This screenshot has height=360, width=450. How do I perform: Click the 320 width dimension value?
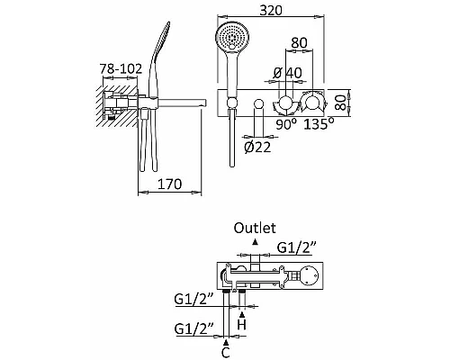[x=271, y=11]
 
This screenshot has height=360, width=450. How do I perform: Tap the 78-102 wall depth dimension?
[x=121, y=68]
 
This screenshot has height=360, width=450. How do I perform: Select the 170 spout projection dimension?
[x=169, y=184]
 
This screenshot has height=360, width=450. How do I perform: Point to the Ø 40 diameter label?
[x=288, y=73]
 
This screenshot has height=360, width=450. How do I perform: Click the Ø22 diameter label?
[x=257, y=147]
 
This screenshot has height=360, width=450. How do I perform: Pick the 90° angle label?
[x=286, y=123]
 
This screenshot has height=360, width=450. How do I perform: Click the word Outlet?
[x=255, y=228]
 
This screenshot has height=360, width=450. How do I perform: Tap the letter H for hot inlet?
[x=242, y=325]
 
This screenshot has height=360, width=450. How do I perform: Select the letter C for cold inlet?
[x=226, y=352]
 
